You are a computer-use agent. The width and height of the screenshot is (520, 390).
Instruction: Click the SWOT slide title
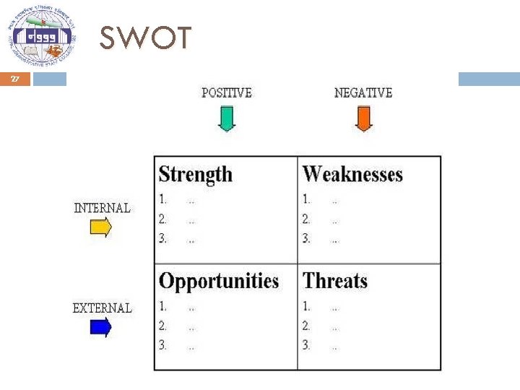pos(145,38)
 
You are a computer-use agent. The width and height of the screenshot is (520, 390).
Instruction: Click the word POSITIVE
pos(226,92)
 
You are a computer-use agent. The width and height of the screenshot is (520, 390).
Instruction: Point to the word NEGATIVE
pos(363,92)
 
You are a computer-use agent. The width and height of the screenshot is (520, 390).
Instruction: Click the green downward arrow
pos(227,118)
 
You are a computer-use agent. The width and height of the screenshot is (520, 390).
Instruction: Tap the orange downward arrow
pos(363,118)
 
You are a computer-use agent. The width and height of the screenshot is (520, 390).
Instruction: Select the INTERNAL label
pos(102,208)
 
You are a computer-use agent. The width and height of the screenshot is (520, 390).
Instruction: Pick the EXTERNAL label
pos(102,308)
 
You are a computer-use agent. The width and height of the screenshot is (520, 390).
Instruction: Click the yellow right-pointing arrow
pos(100,228)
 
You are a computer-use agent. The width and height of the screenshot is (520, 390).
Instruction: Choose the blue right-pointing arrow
pos(100,328)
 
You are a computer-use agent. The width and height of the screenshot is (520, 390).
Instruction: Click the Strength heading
pos(195,174)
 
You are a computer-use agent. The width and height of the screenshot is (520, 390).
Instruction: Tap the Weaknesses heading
pos(352,174)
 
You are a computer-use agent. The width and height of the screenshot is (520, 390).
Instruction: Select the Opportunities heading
pos(218,281)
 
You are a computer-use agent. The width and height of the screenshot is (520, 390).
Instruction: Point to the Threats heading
pos(335,281)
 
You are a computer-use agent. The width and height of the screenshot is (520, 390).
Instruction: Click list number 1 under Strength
pos(163,199)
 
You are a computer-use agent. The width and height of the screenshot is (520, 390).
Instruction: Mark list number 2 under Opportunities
pos(163,326)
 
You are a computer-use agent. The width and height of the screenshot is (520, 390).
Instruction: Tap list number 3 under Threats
pos(307,345)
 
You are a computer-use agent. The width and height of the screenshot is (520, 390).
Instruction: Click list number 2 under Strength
pos(163,219)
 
